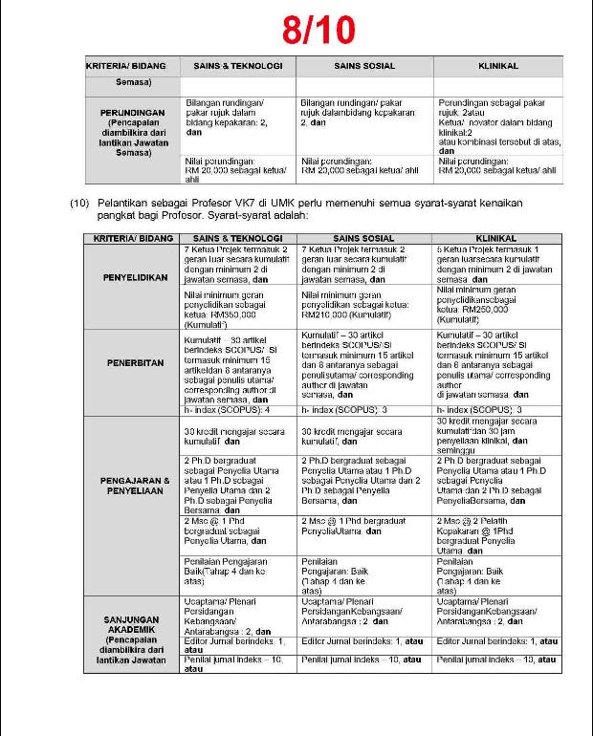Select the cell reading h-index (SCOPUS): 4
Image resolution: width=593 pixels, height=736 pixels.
pyautogui.click(x=227, y=410)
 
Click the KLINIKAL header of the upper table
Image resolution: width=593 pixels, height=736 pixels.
pyautogui.click(x=497, y=66)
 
